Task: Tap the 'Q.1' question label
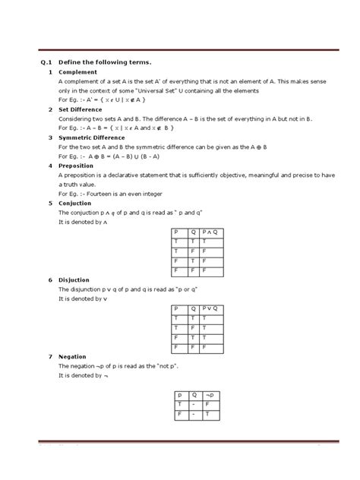[x=45, y=61]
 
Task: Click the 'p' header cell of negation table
[x=180, y=395]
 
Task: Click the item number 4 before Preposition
[x=49, y=165]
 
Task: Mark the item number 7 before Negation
[x=49, y=356]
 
